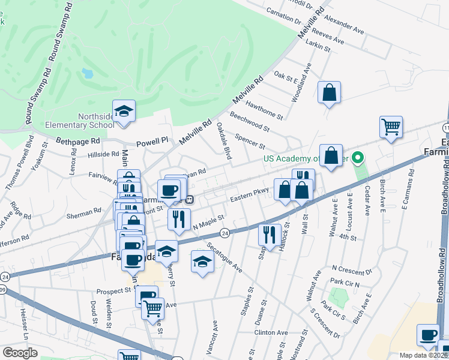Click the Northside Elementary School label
pyautogui.click(x=80, y=121)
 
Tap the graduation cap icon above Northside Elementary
pyautogui.click(x=124, y=112)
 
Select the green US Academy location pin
pyautogui.click(x=358, y=158)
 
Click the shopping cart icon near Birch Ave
pyautogui.click(x=391, y=127)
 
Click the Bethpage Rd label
pyautogui.click(x=77, y=141)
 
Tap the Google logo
pyautogui.click(x=20, y=352)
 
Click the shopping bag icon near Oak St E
pyautogui.click(x=329, y=93)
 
